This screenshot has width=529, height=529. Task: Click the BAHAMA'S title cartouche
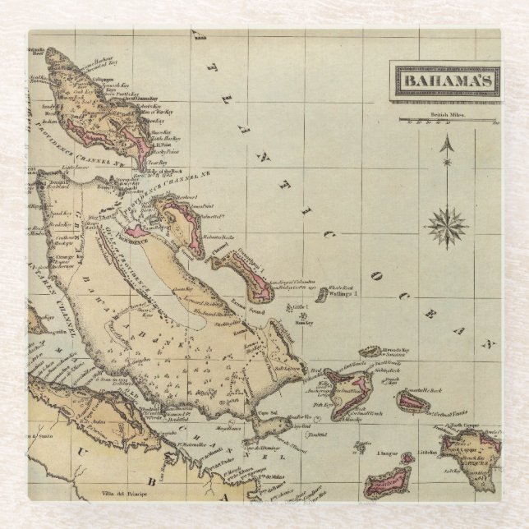point(445,81)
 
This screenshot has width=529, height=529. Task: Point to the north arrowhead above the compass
point(447,146)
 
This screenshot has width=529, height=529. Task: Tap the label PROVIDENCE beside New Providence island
point(131,233)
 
